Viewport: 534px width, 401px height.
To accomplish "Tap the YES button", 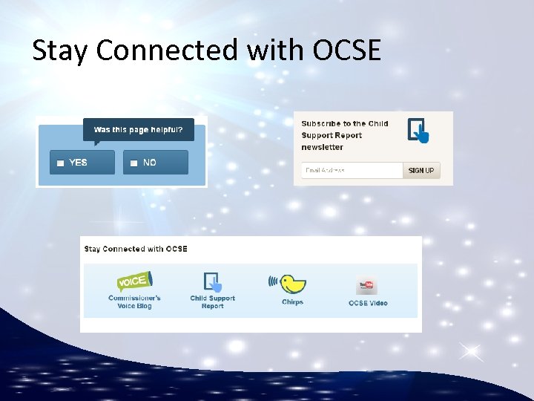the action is [x=82, y=163].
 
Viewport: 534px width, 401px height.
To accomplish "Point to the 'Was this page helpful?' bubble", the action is [x=138, y=130].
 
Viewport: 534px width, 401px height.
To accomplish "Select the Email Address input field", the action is [x=352, y=171].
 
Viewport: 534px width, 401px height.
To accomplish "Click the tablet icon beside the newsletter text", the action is [x=418, y=131].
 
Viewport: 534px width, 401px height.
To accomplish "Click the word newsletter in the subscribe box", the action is [x=322, y=147].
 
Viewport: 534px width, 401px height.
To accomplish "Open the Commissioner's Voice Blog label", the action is [x=134, y=302].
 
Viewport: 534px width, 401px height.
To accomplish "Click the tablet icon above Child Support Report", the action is [x=213, y=282].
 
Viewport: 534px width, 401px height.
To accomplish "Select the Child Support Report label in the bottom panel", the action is [x=213, y=302].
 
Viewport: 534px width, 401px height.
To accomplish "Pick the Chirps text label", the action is [x=293, y=302].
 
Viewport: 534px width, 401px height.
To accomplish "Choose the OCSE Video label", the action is [x=368, y=303].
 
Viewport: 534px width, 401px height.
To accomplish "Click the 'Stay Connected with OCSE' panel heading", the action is [x=136, y=249].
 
